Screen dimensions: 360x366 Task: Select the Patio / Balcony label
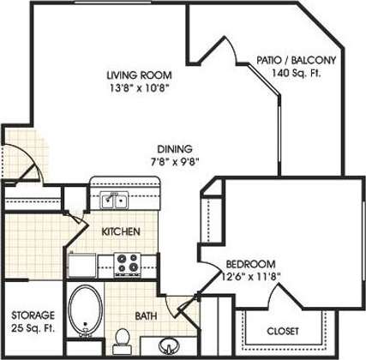point(296,60)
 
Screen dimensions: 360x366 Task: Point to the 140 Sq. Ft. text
point(297,73)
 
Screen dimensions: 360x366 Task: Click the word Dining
point(174,147)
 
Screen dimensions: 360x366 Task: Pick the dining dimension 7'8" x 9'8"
point(174,160)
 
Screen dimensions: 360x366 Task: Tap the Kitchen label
point(121,232)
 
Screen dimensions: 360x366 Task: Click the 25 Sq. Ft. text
point(33,328)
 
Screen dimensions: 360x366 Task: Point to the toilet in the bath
point(123,336)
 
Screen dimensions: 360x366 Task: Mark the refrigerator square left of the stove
point(82,264)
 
